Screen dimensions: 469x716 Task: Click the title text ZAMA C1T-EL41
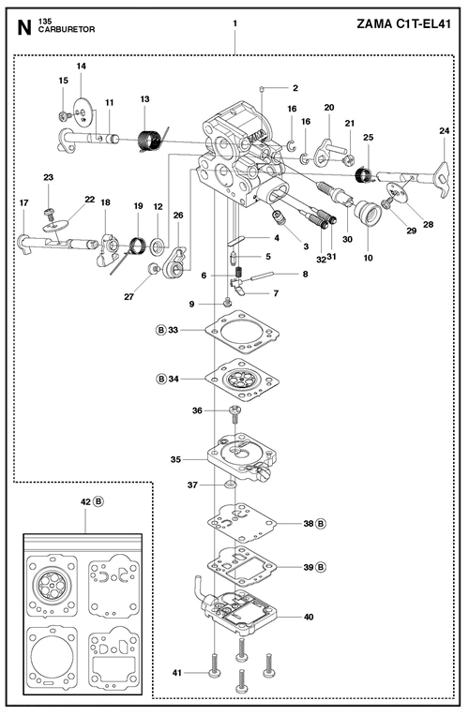(x=403, y=24)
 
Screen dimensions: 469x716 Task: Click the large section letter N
(x=24, y=28)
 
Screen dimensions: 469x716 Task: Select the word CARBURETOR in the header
(x=67, y=30)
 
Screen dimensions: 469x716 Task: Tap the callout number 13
(x=144, y=99)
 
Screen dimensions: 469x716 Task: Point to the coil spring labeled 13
(x=150, y=140)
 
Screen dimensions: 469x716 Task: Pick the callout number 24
(x=445, y=131)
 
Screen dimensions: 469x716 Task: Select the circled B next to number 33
(x=160, y=330)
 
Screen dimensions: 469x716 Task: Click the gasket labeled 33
(x=241, y=332)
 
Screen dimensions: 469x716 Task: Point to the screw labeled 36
(x=234, y=416)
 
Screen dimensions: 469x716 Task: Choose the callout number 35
(x=175, y=459)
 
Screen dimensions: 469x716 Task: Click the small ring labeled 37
(x=230, y=484)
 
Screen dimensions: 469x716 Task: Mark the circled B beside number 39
(x=321, y=567)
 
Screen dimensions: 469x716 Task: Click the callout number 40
(x=309, y=617)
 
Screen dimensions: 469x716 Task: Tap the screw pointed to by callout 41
(x=214, y=664)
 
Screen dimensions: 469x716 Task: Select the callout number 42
(x=85, y=501)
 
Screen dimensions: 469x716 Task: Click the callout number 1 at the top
(x=234, y=22)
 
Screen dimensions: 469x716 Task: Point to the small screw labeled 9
(x=227, y=303)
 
